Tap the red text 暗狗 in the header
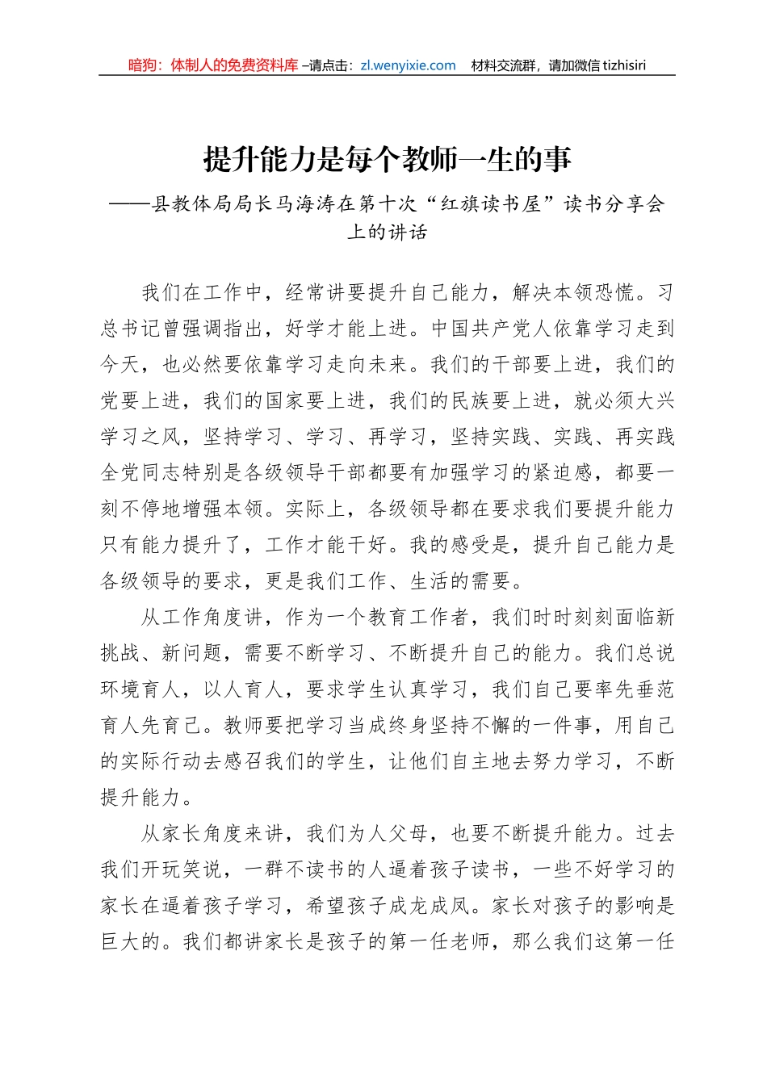click(143, 65)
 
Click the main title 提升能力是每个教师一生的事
click(388, 159)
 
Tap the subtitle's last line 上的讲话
click(388, 232)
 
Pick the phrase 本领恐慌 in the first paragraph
click(594, 292)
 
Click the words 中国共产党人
click(492, 329)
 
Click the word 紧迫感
click(564, 473)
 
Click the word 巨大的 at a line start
click(132, 942)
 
